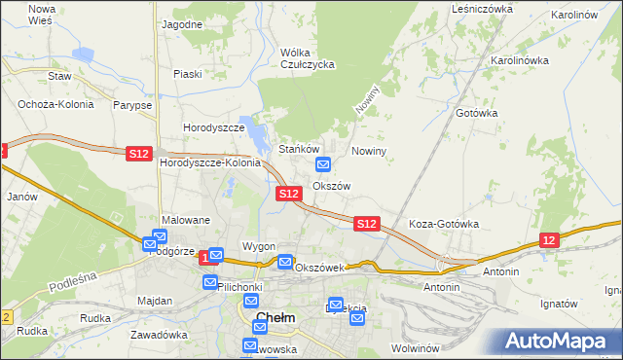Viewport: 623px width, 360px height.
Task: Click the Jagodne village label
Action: pos(182,23)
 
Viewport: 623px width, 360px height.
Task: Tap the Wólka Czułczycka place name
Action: pos(307,58)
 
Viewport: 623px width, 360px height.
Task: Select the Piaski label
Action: pos(187,74)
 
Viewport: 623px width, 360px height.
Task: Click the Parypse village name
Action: pos(131,104)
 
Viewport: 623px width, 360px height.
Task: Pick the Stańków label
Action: pos(300,149)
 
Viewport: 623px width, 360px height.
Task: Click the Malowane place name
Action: pos(186,221)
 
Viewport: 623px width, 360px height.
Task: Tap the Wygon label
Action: pos(259,247)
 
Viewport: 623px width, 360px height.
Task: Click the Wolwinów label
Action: pos(418,347)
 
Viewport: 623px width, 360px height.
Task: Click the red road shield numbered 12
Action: pos(549,240)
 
